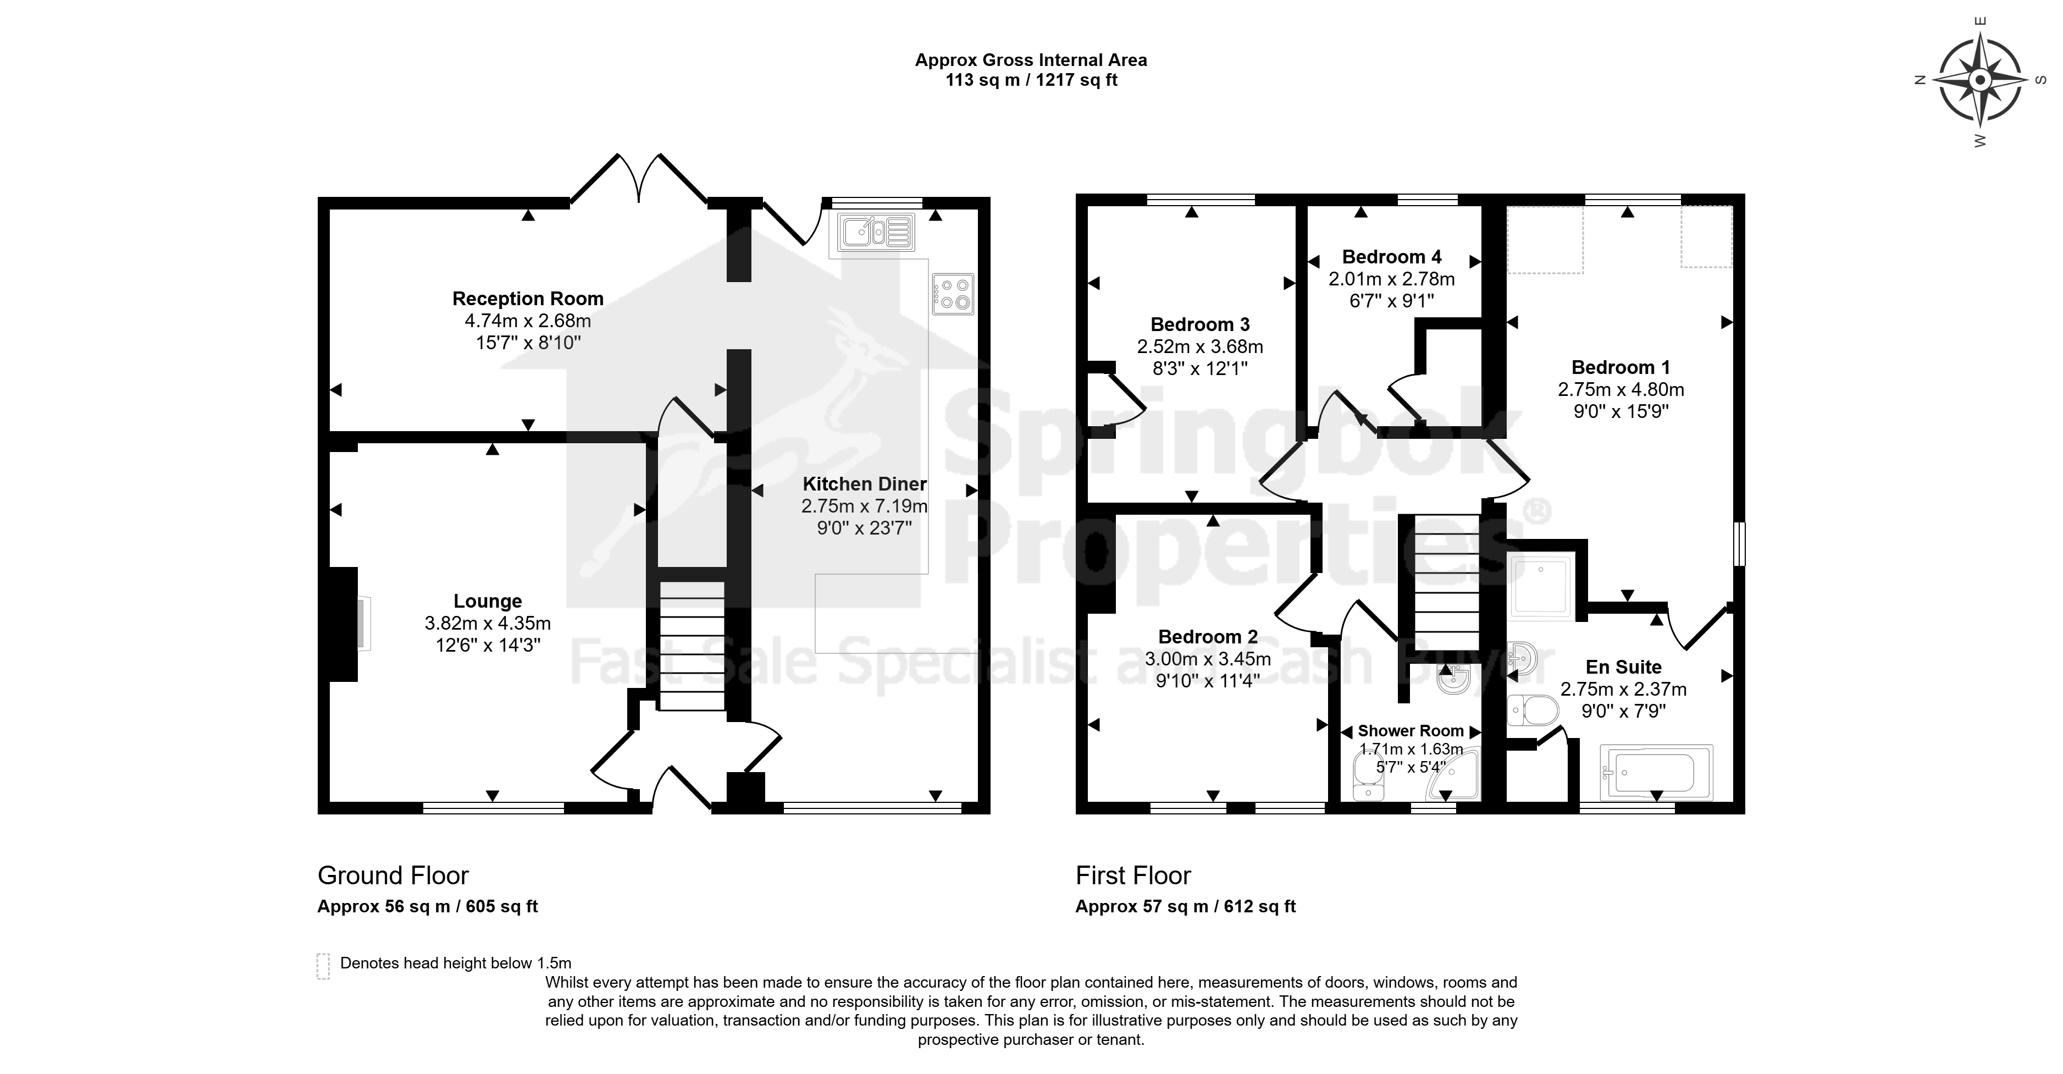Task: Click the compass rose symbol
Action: pyautogui.click(x=1979, y=81)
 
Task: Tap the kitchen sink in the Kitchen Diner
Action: pyautogui.click(x=875, y=232)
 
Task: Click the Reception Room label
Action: pyautogui.click(x=528, y=299)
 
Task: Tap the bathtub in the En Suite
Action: pyautogui.click(x=1656, y=773)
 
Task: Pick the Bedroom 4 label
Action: pyautogui.click(x=1392, y=257)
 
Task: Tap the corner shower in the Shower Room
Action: pyautogui.click(x=1453, y=775)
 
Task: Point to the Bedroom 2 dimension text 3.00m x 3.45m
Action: pyautogui.click(x=1208, y=659)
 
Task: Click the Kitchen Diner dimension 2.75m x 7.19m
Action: pyautogui.click(x=865, y=506)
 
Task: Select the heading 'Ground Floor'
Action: pyautogui.click(x=393, y=875)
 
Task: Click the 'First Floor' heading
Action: pyautogui.click(x=1133, y=875)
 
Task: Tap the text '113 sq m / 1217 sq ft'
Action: pyautogui.click(x=1031, y=80)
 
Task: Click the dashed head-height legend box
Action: pyautogui.click(x=324, y=966)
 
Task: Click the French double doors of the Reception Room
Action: pyautogui.click(x=638, y=178)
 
